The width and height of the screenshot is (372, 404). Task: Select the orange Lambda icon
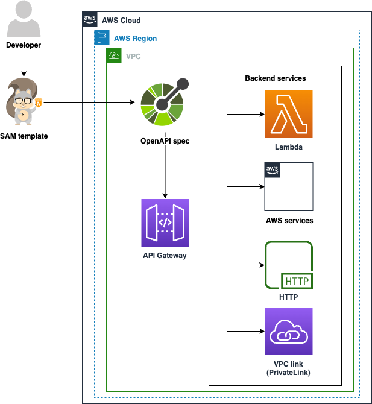click(289, 115)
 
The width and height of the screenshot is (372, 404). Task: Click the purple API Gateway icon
click(165, 223)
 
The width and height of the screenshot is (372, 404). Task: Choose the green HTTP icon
click(289, 265)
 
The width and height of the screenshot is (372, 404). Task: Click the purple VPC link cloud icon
click(289, 332)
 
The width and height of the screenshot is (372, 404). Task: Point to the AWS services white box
click(289, 186)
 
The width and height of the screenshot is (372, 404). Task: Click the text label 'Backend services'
click(275, 78)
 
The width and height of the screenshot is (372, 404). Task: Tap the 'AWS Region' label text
click(135, 39)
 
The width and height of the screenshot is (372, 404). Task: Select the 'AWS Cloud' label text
click(121, 21)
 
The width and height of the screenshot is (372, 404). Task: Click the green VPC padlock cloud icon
click(113, 56)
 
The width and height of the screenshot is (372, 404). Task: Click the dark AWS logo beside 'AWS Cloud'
click(89, 19)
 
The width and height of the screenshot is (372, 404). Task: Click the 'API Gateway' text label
click(165, 256)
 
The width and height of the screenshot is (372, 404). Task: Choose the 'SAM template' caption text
click(24, 136)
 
